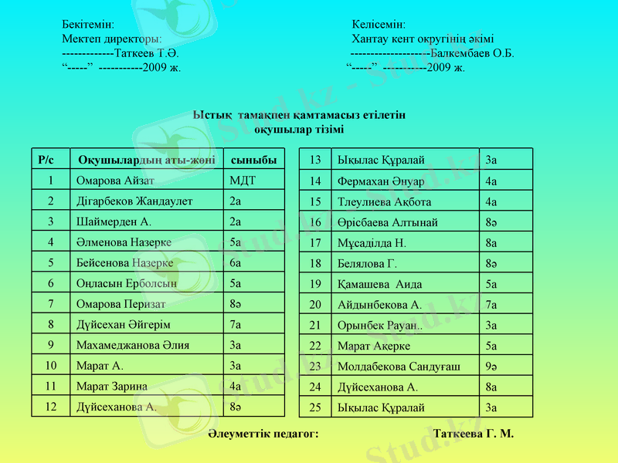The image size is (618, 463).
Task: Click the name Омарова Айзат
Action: click(x=115, y=181)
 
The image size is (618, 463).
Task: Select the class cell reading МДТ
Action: click(x=243, y=181)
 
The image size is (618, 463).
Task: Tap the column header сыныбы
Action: click(x=254, y=161)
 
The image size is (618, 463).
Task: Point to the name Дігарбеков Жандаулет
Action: click(x=134, y=201)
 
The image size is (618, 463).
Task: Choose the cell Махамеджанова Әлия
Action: click(x=132, y=345)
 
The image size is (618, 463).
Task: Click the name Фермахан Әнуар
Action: click(x=381, y=181)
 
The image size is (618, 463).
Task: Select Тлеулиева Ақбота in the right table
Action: click(x=384, y=201)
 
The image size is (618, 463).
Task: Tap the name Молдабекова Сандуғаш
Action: click(x=399, y=366)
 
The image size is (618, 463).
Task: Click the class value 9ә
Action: click(x=491, y=366)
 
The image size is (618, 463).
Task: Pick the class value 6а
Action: click(x=236, y=263)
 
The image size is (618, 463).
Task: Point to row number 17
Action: click(x=315, y=243)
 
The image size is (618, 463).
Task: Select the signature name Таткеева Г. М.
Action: click(x=474, y=434)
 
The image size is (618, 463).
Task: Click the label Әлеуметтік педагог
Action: click(x=263, y=434)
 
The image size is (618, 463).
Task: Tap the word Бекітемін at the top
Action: click(x=88, y=25)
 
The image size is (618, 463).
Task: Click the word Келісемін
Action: click(x=379, y=25)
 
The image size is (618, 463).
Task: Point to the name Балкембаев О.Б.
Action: click(x=473, y=53)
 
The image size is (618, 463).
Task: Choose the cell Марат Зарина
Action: click(x=112, y=387)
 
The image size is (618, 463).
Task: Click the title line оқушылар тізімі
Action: click(x=300, y=129)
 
